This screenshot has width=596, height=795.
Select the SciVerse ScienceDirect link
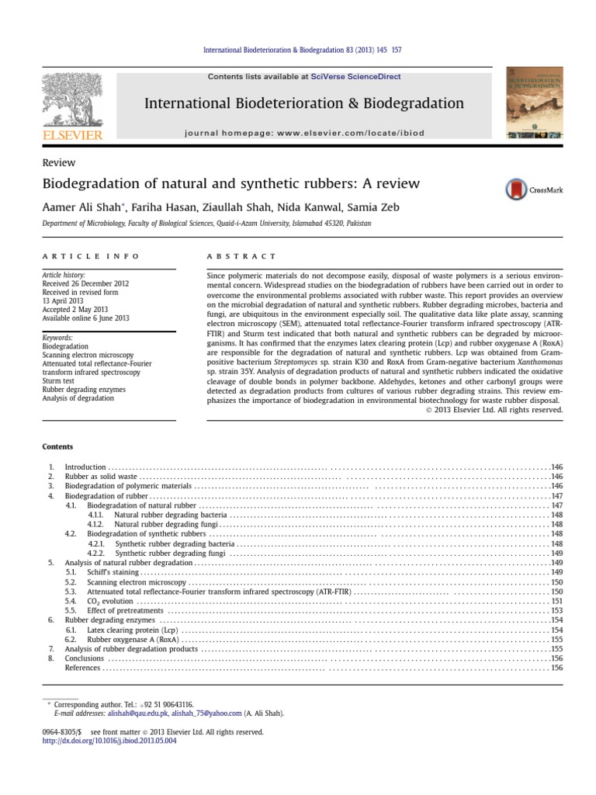346,76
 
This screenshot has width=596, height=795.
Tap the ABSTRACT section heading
241,255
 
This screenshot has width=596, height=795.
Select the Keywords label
58,338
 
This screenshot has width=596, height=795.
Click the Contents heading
57,446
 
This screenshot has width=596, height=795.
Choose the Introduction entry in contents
80,467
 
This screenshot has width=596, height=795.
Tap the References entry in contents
82,668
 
